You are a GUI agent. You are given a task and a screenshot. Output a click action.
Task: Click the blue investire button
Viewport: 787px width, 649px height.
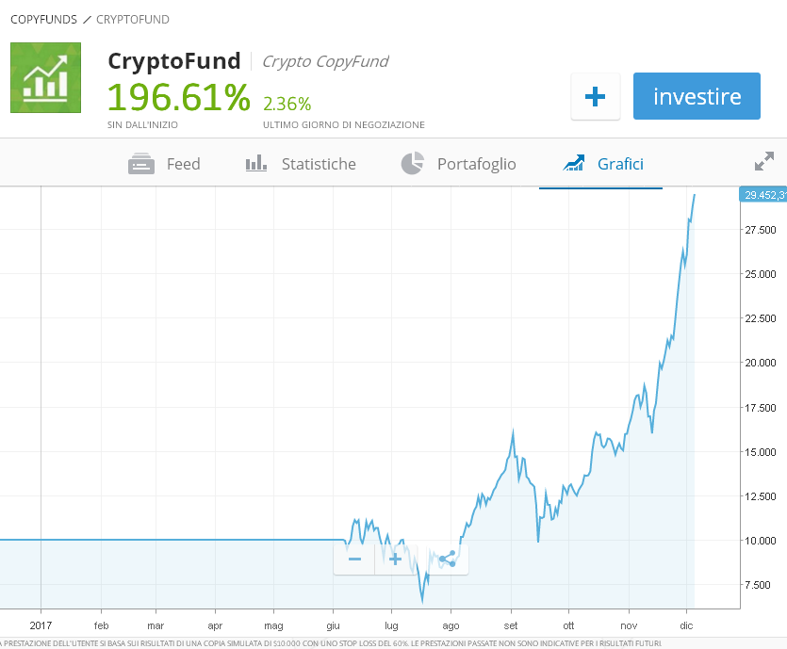tap(697, 96)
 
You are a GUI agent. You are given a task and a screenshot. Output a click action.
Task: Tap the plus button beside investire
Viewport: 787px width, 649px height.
tap(595, 96)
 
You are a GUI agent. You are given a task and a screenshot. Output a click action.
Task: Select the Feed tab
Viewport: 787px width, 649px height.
tap(165, 164)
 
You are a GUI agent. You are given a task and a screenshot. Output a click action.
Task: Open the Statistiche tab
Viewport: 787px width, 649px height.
tap(301, 164)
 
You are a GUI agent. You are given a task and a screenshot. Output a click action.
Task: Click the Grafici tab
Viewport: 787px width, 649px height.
tap(602, 164)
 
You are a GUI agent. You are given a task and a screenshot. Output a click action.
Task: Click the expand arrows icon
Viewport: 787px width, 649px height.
tap(764, 161)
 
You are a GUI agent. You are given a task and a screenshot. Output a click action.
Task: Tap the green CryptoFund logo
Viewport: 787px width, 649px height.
tap(45, 77)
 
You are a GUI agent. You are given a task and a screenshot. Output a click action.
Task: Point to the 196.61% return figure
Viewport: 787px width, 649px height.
tap(178, 97)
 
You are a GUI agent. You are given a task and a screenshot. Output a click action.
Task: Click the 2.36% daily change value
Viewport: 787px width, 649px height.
tap(287, 104)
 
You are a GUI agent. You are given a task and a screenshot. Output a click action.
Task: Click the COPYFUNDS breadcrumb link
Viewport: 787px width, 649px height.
tap(43, 19)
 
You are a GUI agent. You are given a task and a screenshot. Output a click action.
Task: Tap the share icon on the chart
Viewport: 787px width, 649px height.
tap(448, 559)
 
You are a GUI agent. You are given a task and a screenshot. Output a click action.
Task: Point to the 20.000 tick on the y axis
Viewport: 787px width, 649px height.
tap(760, 363)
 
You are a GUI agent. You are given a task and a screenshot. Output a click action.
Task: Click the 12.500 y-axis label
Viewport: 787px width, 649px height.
tap(760, 496)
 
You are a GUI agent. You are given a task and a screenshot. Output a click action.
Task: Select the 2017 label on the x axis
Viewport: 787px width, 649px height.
tap(41, 625)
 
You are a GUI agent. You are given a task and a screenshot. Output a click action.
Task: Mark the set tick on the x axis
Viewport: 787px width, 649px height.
tap(511, 625)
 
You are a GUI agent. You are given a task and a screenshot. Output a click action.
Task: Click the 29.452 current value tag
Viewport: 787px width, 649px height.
tap(763, 195)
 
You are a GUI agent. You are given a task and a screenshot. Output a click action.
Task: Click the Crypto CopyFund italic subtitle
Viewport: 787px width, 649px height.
tap(324, 61)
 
